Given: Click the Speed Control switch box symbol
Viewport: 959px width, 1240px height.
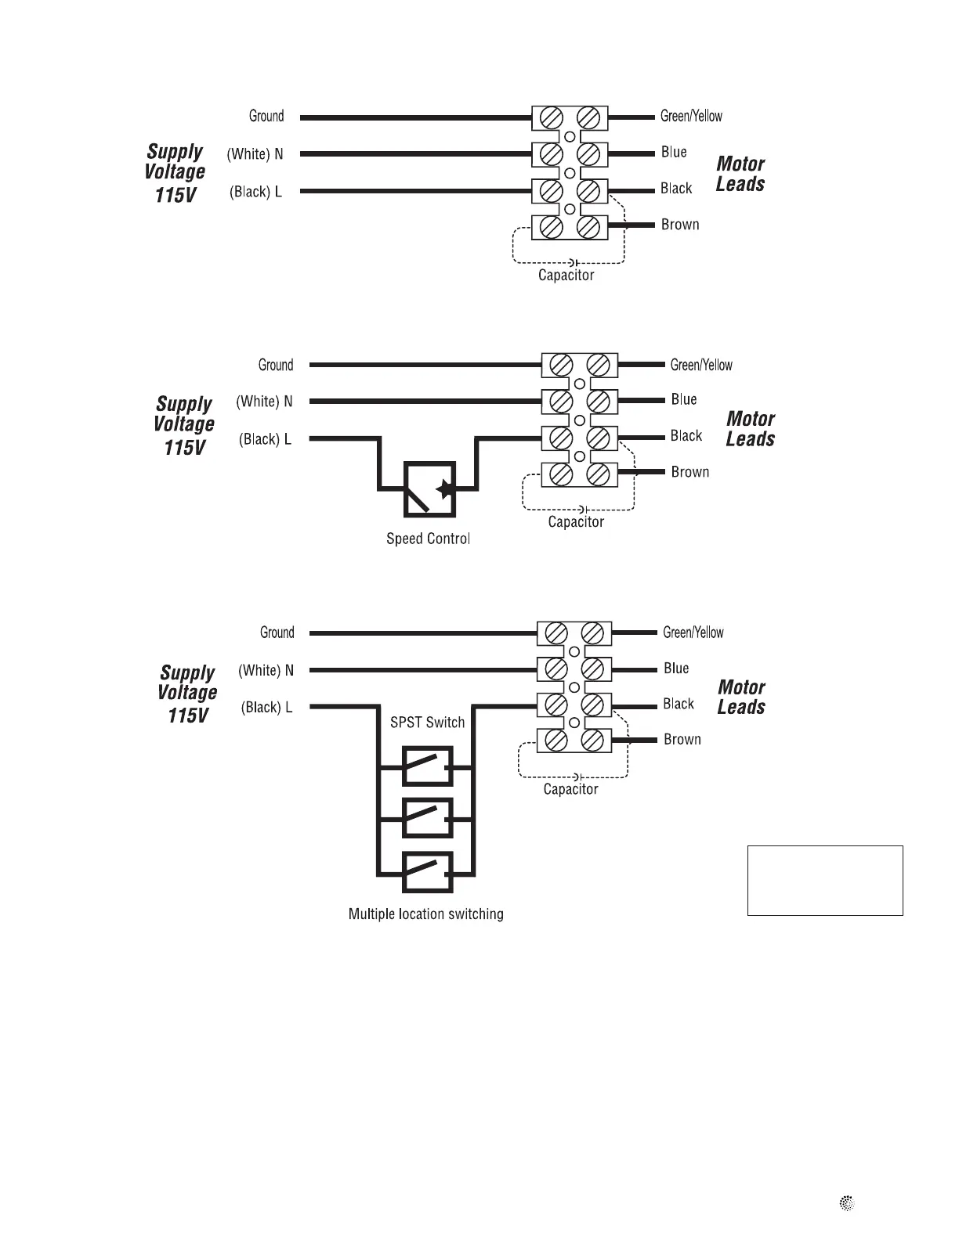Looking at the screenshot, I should point(429,489).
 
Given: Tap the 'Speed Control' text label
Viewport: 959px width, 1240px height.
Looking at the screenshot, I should point(428,539).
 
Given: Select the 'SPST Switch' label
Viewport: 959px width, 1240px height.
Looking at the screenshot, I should point(427,722).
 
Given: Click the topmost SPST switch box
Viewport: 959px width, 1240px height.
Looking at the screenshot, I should point(427,766).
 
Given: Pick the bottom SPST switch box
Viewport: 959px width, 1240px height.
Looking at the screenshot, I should point(427,872).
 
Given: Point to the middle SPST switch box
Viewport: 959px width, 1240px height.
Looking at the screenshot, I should point(427,819).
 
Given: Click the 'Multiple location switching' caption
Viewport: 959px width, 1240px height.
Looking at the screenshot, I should point(425,914).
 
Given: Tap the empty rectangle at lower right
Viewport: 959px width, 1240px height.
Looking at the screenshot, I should point(824,880).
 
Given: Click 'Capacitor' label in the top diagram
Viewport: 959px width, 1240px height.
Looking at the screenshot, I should point(566,276).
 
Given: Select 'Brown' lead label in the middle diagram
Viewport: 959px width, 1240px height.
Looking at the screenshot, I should point(689,472).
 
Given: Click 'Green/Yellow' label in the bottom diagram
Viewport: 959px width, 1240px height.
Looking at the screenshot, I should point(693,633).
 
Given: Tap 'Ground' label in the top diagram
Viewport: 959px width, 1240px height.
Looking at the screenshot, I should point(266,116).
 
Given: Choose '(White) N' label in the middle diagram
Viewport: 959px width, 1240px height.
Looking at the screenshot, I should point(264,402).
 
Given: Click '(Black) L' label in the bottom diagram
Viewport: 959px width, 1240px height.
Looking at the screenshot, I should point(266,708).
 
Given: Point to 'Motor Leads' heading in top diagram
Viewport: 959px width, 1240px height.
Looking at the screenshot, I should point(740,174).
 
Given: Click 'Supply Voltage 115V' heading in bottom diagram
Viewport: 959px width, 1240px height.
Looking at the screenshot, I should point(187,694).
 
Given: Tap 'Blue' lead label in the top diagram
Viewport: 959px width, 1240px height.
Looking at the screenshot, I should point(674,152).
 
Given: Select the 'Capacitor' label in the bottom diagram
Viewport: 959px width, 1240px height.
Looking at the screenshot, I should point(570,789).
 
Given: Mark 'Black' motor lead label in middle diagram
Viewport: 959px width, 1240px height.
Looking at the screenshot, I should point(686,436).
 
